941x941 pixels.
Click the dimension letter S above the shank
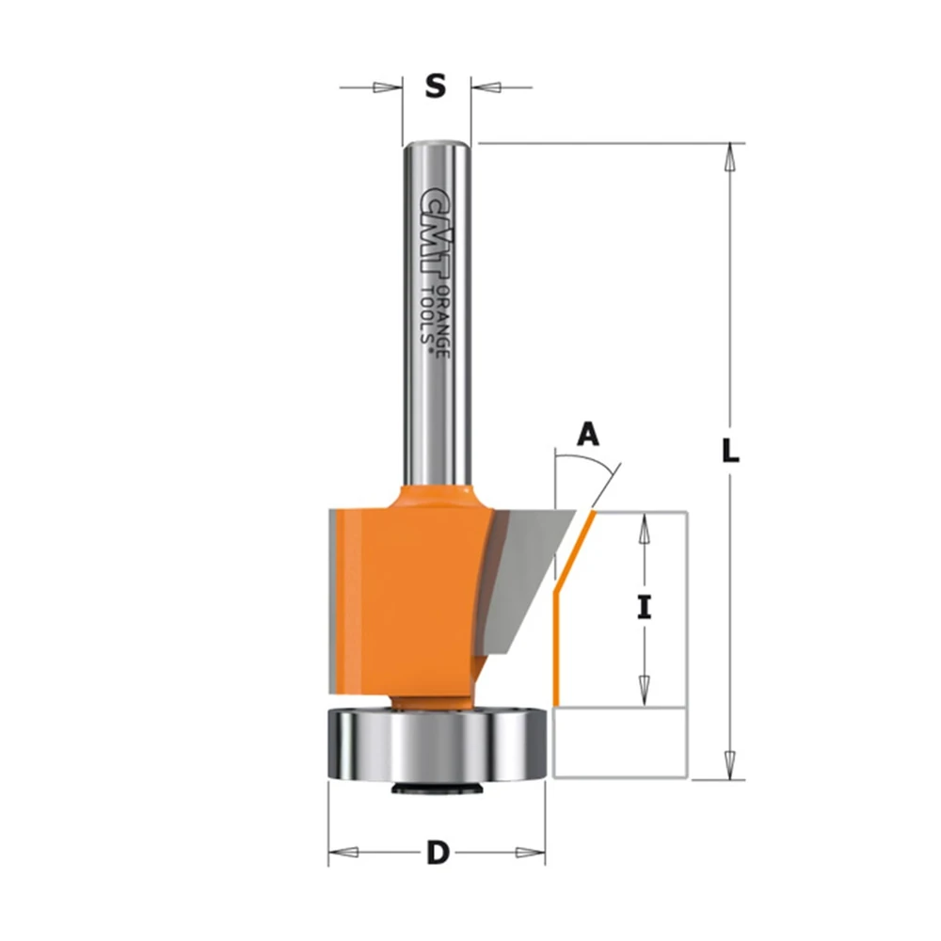(x=436, y=87)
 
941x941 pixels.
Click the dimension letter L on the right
(x=730, y=451)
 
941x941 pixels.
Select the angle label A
(x=588, y=435)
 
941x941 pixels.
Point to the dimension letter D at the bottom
(x=438, y=853)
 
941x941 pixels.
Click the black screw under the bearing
(x=437, y=788)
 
